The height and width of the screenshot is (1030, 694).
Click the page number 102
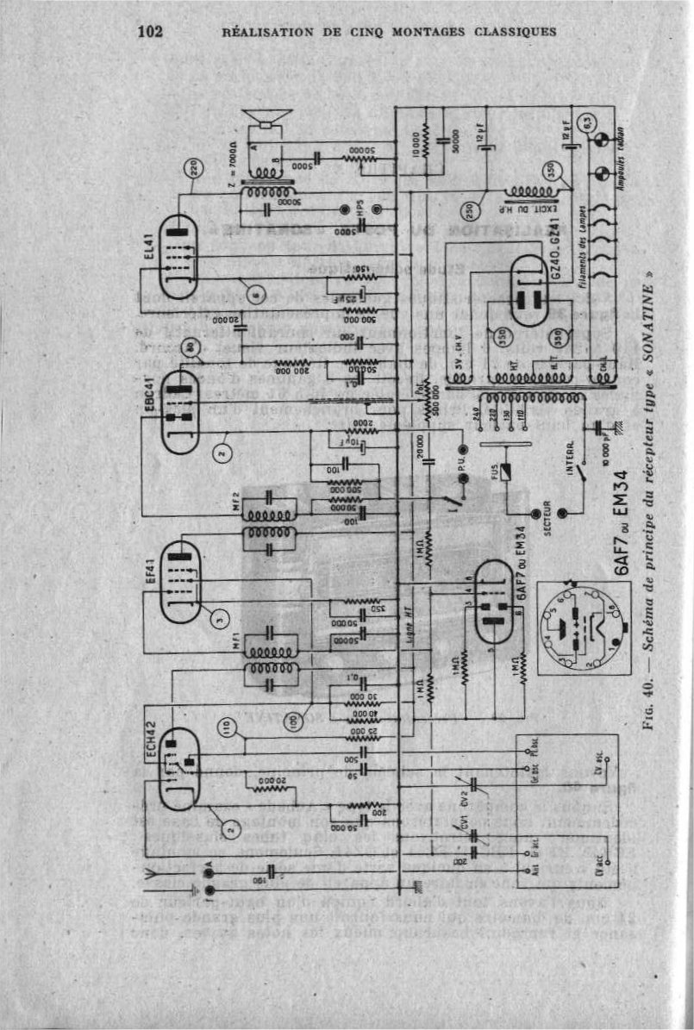point(150,32)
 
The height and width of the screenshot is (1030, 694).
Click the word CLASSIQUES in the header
point(510,33)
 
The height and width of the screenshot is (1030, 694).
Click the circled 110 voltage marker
point(228,731)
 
